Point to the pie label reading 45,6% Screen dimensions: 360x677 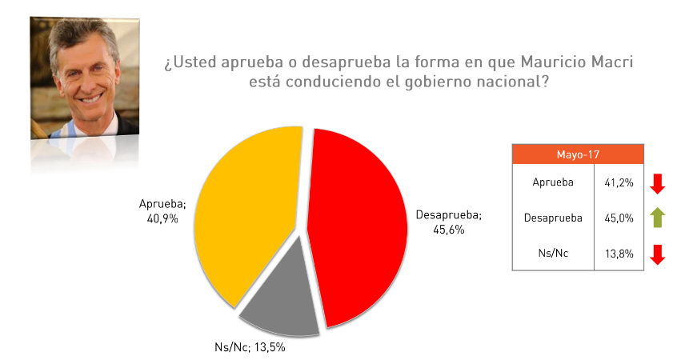(x=448, y=230)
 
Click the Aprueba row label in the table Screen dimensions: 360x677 (x=553, y=182)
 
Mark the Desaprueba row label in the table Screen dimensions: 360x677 (x=552, y=218)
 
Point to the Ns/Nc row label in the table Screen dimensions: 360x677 (x=553, y=253)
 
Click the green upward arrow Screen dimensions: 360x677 (x=658, y=217)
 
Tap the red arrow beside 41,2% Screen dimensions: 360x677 (x=658, y=183)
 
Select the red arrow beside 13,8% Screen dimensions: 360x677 (x=658, y=254)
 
